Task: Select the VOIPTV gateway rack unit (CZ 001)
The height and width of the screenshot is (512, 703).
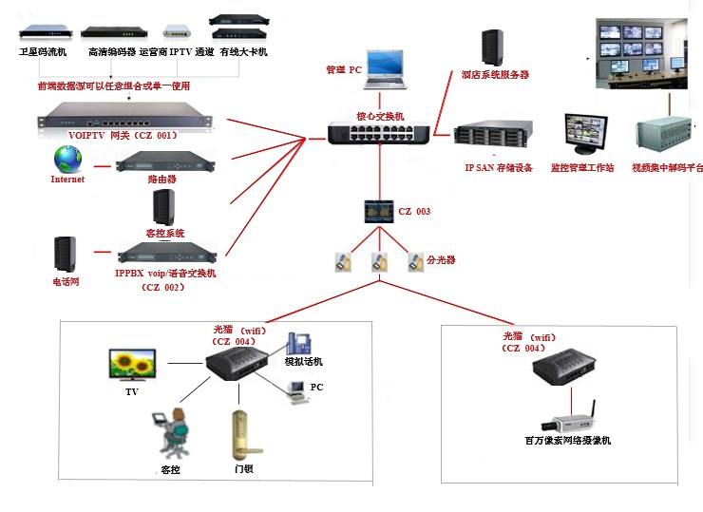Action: (130, 121)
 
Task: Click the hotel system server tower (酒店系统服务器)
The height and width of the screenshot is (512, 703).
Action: (491, 47)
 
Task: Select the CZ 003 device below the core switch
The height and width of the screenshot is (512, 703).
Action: (379, 210)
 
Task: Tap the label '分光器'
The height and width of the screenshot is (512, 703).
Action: (441, 258)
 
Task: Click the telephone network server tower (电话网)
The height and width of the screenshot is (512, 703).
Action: (66, 256)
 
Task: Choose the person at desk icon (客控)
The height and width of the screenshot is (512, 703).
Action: (171, 433)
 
